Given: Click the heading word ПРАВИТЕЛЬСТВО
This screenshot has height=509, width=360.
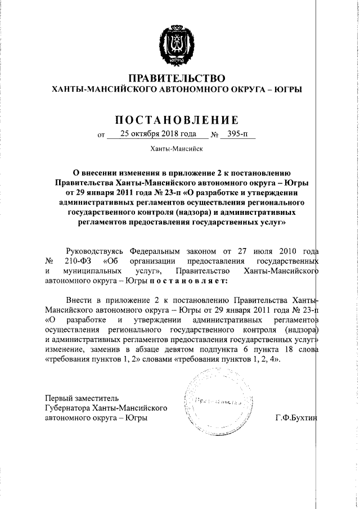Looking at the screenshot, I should pyautogui.click(x=177, y=78).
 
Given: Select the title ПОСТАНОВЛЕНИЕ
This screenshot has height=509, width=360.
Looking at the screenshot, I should pyautogui.click(x=177, y=119).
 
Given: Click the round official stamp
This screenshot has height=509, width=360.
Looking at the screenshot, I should pyautogui.click(x=213, y=402).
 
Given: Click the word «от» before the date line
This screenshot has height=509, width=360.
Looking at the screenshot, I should pyautogui.click(x=101, y=136).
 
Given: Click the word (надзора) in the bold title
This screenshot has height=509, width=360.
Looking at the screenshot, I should pyautogui.click(x=169, y=213).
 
